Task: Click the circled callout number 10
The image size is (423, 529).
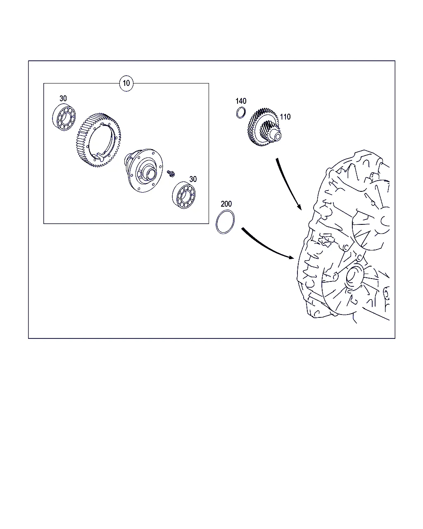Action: [x=126, y=83]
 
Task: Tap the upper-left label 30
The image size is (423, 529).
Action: [x=63, y=99]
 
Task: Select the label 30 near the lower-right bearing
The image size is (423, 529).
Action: [x=193, y=179]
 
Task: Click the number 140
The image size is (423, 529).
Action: [x=241, y=101]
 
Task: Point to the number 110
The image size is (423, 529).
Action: [x=285, y=117]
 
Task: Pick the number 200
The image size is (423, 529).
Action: [x=226, y=204]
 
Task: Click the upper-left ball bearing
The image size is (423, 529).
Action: [x=64, y=117]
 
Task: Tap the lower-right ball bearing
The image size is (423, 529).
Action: [x=184, y=195]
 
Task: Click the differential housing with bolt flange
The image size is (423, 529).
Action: [x=143, y=170]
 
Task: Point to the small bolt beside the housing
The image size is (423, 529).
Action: [x=171, y=174]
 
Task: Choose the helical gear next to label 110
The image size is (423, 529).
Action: [x=264, y=127]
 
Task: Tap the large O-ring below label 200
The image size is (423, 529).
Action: [x=216, y=222]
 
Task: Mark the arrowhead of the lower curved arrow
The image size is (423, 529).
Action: [x=291, y=257]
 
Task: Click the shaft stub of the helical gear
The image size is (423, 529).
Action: [x=276, y=136]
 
